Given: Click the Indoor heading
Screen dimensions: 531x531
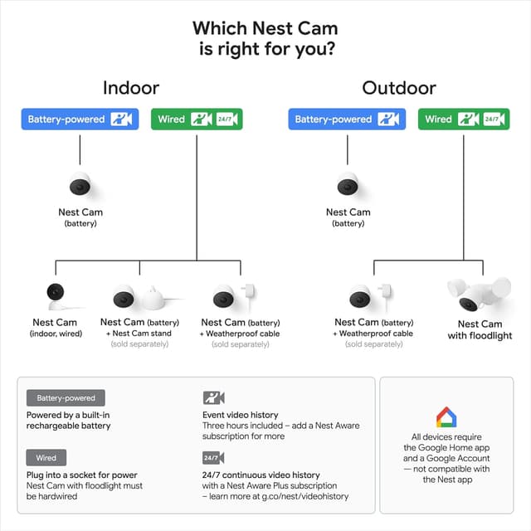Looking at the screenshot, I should coord(131,87).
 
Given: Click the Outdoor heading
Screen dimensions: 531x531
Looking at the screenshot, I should coord(399,87).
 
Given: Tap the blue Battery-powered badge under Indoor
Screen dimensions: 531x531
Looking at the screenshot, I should coord(80,119).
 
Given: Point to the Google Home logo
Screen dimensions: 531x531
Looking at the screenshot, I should coord(446,417).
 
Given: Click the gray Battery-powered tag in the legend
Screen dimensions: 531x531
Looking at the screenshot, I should coord(66,398).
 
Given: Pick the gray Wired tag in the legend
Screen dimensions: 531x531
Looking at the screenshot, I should coord(46,457).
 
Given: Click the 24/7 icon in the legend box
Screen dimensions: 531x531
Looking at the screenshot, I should coord(213,457).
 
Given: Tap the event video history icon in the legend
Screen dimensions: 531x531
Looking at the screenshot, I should coord(213,398).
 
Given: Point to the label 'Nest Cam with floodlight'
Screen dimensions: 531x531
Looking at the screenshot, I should coord(480,330).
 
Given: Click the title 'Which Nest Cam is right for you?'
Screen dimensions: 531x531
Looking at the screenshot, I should coord(265,38).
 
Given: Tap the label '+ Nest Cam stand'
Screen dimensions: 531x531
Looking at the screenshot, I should coord(139,333).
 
